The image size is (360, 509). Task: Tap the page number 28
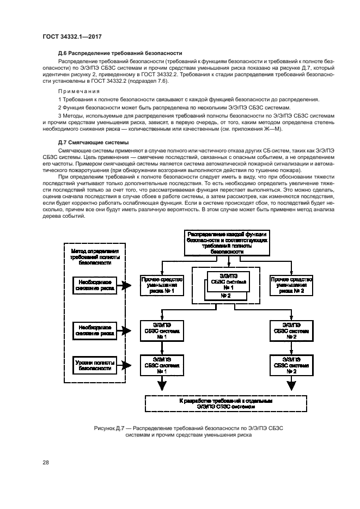pos(46,462)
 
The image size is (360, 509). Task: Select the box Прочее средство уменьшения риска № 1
pos(162,285)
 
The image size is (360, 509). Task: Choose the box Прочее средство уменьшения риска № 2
pos(290,285)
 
